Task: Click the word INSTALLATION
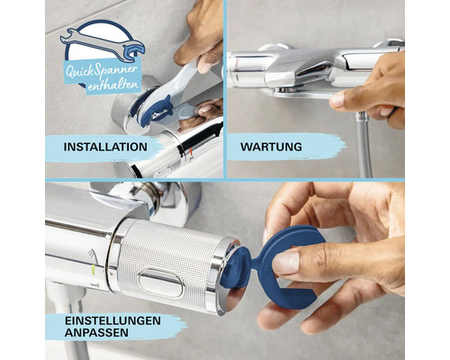pos(105,147)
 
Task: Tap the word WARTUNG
pos(271,147)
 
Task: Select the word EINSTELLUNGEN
pos(112,320)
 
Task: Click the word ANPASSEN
pos(96,333)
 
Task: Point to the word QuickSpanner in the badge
pos(102,71)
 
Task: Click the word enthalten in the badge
pos(113,85)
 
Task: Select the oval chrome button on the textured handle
pos(161,283)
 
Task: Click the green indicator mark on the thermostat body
pos(94,270)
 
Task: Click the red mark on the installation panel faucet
pos(190,148)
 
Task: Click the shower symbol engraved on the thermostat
pos(93,255)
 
